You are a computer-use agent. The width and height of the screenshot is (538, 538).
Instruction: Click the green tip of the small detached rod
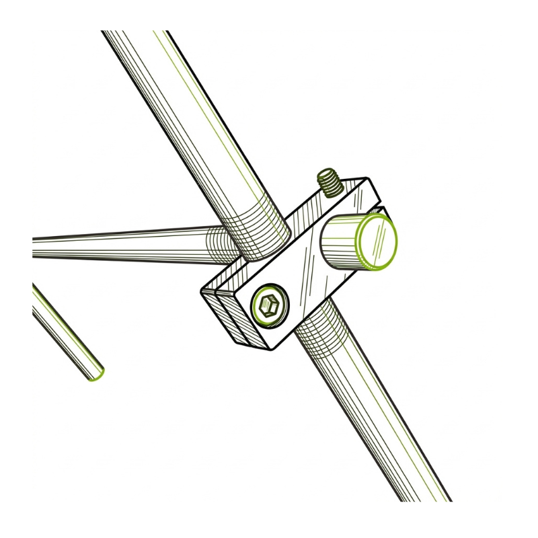pyautogui.click(x=96, y=374)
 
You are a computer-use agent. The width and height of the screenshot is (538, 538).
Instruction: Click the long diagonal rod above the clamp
pyautogui.click(x=195, y=134)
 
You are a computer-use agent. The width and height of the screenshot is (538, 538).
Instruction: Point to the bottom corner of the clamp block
pyautogui.click(x=269, y=348)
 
